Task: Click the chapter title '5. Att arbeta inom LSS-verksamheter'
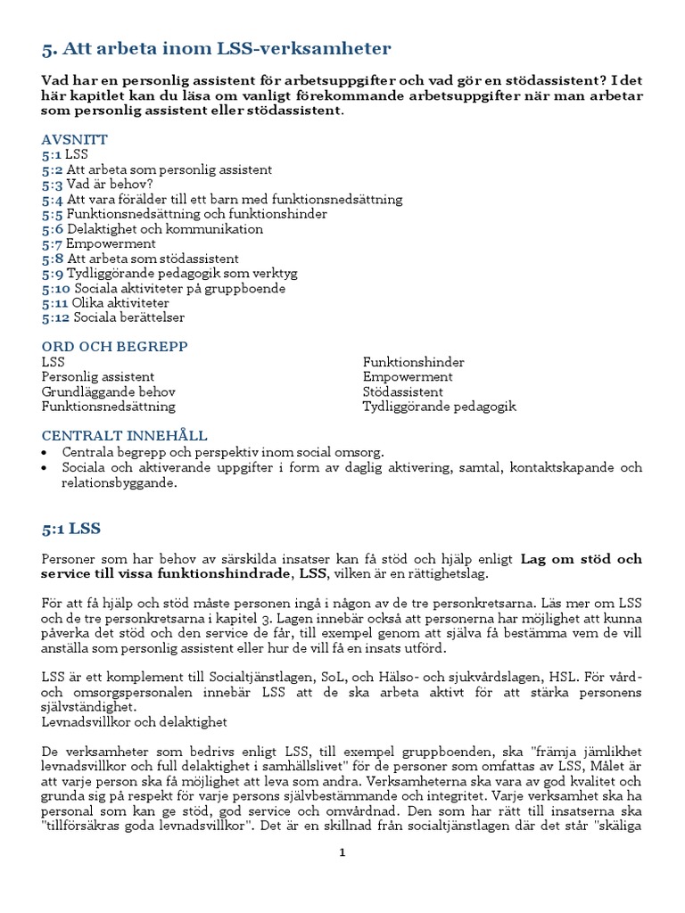(216, 48)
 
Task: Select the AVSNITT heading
(75, 140)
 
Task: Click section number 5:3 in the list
(52, 185)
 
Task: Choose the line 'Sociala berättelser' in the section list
(128, 317)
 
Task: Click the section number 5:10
(56, 288)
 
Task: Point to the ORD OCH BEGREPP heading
(115, 346)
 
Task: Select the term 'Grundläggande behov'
(108, 391)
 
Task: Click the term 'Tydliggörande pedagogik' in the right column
(439, 407)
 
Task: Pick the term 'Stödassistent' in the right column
(402, 391)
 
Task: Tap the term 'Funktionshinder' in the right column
(413, 362)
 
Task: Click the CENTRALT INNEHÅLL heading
(124, 436)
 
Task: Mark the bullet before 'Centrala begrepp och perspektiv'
(46, 453)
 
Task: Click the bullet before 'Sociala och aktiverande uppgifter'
(46, 468)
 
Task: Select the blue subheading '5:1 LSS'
(71, 529)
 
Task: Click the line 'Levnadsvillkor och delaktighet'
(134, 721)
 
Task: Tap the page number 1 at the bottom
(342, 852)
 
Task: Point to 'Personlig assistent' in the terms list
(98, 377)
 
